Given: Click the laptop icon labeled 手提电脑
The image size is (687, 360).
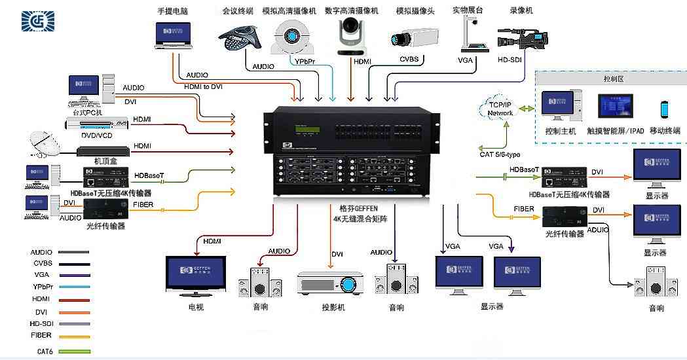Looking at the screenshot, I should click(x=174, y=35).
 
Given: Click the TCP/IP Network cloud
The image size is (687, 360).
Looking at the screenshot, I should click(x=500, y=108).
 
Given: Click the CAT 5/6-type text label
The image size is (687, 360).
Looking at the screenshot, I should click(x=500, y=154).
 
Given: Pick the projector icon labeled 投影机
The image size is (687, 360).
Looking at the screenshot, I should click(x=330, y=284).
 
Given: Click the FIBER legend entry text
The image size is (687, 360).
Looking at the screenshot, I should click(x=41, y=335).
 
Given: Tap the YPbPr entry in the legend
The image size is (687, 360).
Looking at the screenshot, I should click(x=43, y=287).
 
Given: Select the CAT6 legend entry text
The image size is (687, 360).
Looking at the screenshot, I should click(x=45, y=351).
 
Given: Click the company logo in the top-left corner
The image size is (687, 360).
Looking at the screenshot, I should click(x=39, y=21).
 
